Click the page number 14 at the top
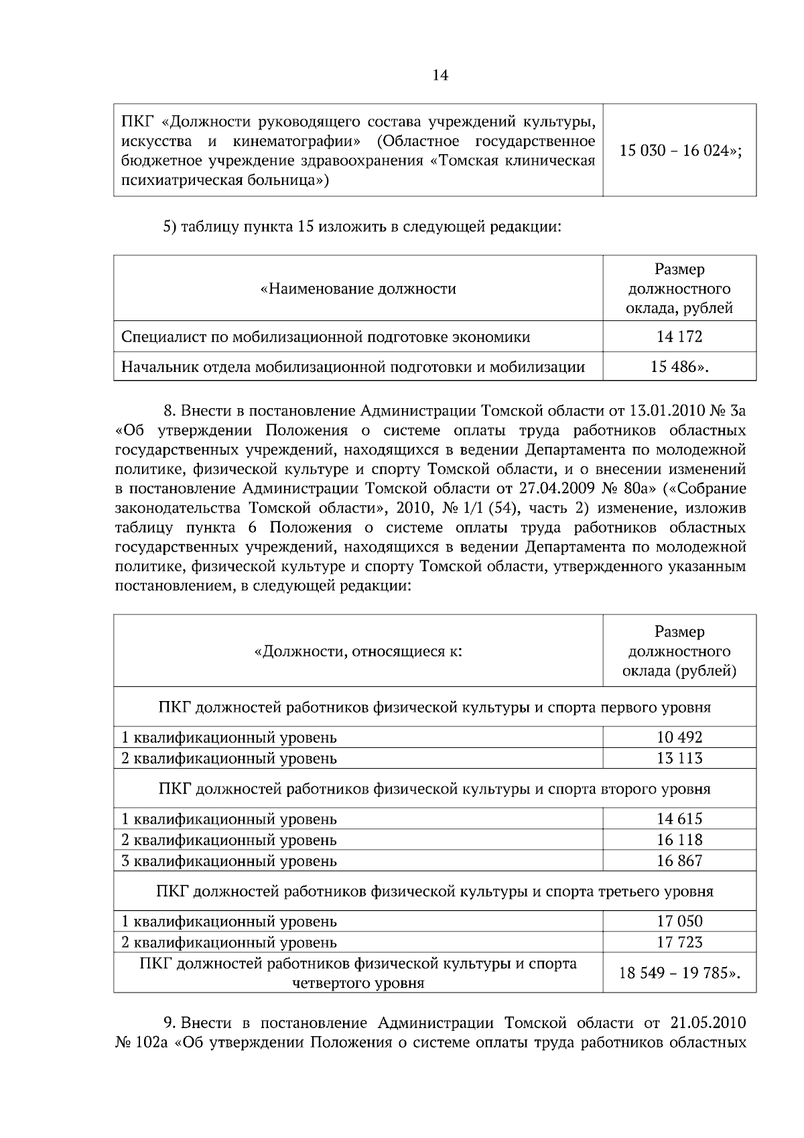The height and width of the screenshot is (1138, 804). point(440,75)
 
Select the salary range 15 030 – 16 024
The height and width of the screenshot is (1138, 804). point(679,151)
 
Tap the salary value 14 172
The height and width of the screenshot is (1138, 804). point(679,336)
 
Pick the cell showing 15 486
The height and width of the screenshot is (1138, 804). point(679,367)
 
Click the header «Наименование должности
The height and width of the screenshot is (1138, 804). point(358,289)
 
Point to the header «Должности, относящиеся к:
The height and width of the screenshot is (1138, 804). point(358,651)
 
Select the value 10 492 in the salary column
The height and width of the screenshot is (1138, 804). point(679,737)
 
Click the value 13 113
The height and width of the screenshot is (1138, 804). point(679,758)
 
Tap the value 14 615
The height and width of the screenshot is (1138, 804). point(679,818)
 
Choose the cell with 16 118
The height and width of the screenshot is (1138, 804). point(679,840)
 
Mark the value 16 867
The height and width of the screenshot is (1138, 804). point(679,861)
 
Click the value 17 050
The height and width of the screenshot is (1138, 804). point(679,922)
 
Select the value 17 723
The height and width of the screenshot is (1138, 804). point(679,942)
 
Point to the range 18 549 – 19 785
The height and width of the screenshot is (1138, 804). point(679,972)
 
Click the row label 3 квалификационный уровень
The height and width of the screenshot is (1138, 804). point(229,861)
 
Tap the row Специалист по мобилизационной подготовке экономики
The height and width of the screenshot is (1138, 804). point(326,336)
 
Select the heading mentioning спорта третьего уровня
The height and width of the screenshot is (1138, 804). point(434,891)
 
